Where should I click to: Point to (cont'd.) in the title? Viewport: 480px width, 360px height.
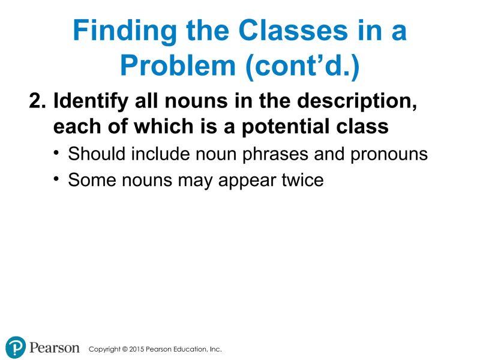coord(302,67)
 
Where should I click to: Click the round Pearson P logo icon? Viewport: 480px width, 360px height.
coord(16,348)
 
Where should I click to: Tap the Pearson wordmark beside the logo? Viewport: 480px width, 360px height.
coord(55,348)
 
